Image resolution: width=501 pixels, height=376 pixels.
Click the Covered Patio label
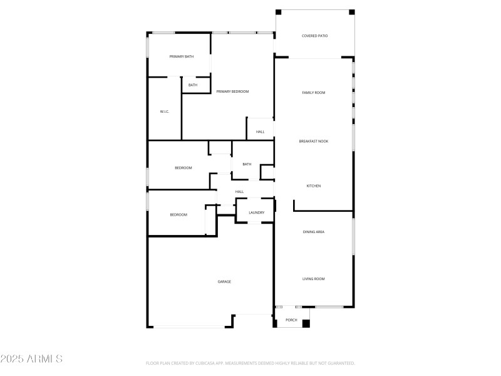[x=314, y=36]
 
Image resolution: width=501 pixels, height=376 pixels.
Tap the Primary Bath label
[x=182, y=56]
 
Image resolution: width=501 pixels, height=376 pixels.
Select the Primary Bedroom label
[x=232, y=91]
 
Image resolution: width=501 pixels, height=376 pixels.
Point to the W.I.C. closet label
[x=165, y=112]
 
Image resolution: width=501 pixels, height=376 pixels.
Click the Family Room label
[x=314, y=93]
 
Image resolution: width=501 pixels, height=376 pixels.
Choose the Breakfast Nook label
[x=314, y=141]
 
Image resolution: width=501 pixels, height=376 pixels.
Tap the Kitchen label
[x=314, y=186]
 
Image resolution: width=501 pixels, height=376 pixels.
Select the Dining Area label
[x=314, y=232]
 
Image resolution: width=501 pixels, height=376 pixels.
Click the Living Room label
[x=314, y=279]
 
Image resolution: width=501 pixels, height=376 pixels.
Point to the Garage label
[x=224, y=281]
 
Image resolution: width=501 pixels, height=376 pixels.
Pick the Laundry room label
[x=256, y=212]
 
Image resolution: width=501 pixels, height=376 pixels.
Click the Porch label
[x=291, y=320]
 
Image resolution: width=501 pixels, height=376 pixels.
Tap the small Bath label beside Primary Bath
[x=193, y=85]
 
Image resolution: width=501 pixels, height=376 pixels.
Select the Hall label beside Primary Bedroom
[x=260, y=132]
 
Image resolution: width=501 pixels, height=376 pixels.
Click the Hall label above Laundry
[x=239, y=192]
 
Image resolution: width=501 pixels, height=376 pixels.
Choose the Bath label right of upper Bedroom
[x=247, y=164]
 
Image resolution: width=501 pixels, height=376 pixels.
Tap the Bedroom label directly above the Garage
[x=178, y=215]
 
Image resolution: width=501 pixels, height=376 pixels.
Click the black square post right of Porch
[x=306, y=323]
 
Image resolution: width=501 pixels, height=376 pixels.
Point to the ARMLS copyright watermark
[x=31, y=359]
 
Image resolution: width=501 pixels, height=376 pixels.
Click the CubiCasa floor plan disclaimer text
[x=250, y=363]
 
